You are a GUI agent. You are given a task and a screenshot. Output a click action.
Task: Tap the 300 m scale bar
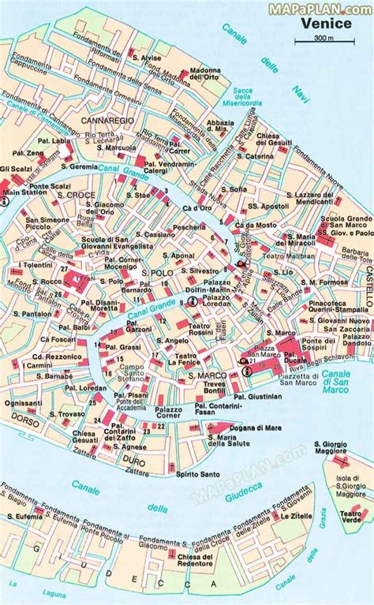coord(323,38)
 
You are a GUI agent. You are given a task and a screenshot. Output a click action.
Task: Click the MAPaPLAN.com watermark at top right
coord(322,7)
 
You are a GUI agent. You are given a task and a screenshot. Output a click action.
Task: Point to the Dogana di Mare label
coord(234,427)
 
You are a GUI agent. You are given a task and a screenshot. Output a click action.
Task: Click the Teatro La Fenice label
coord(185,360)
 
